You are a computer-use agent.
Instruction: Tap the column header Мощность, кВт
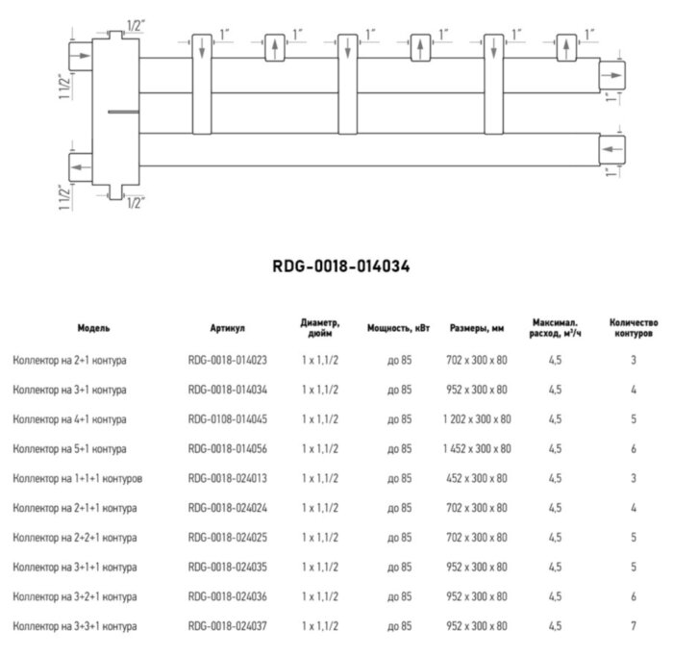pyautogui.click(x=398, y=328)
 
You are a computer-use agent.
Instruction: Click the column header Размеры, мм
pyautogui.click(x=477, y=328)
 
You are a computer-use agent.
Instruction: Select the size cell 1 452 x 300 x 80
pyautogui.click(x=477, y=449)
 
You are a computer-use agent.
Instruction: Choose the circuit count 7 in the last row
pyautogui.click(x=634, y=627)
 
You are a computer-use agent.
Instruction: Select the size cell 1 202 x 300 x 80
pyautogui.click(x=477, y=419)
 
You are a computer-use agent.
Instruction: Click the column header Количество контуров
pyautogui.click(x=634, y=328)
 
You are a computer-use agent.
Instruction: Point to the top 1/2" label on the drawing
pyautogui.click(x=135, y=25)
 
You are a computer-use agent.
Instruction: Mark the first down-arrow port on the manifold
pyautogui.click(x=202, y=48)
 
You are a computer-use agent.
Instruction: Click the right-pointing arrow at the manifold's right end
pyautogui.click(x=611, y=73)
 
